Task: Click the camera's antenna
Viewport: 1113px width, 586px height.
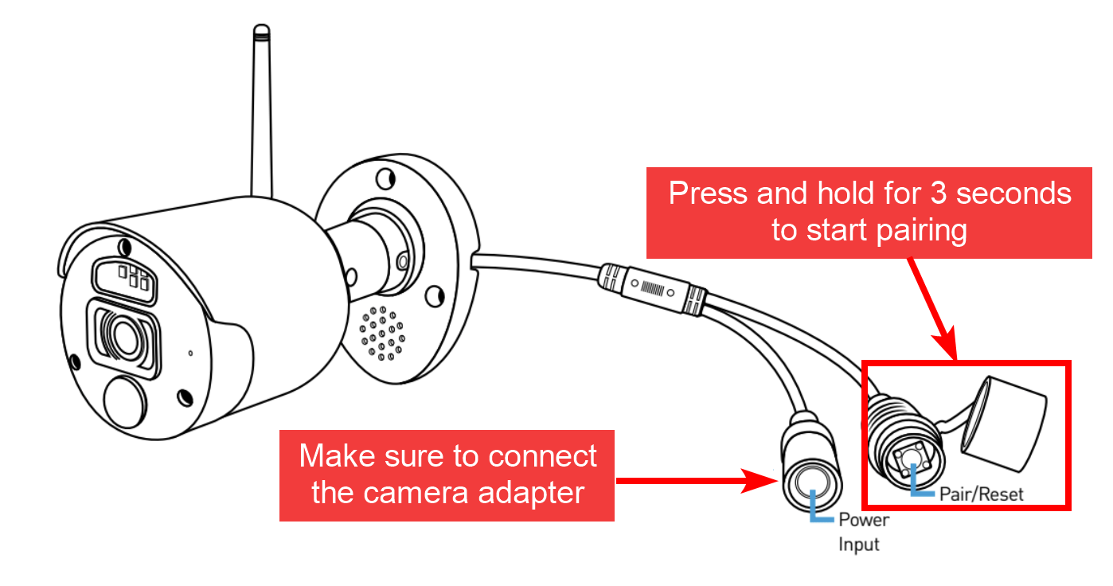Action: (x=260, y=111)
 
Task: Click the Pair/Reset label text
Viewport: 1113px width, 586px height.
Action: (x=981, y=493)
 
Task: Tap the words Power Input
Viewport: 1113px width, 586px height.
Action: (x=862, y=532)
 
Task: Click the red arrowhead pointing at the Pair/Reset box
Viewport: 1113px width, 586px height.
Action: (x=951, y=346)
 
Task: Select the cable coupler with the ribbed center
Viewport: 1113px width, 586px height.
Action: (x=652, y=287)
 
